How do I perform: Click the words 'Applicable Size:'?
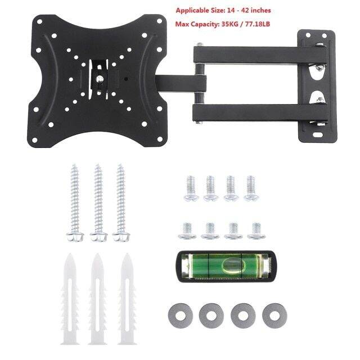tap(196, 11)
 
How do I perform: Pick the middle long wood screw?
tap(98, 202)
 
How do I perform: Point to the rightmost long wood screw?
tap(120, 202)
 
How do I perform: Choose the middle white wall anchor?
tap(97, 298)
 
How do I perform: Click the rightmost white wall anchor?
tap(126, 298)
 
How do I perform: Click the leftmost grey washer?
tap(179, 315)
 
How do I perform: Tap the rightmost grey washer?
tap(274, 315)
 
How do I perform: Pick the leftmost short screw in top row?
tap(190, 187)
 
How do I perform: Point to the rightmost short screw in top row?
tap(250, 187)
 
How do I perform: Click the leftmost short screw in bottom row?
tap(187, 230)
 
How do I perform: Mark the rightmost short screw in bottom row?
tap(256, 230)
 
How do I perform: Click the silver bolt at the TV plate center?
tap(100, 78)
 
